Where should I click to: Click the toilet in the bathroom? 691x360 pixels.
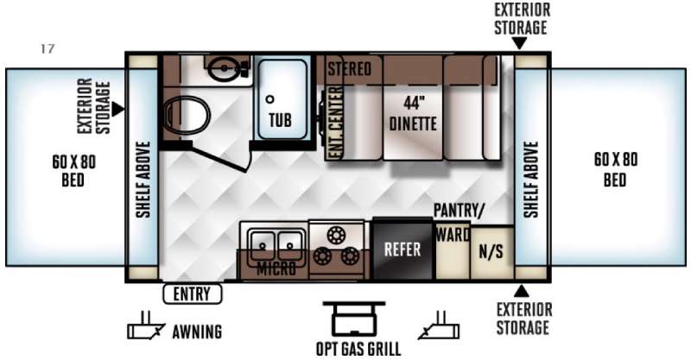point(186,115)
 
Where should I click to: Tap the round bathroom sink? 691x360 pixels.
point(224,68)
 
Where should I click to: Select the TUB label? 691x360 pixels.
point(280,119)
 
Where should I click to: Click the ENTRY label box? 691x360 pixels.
point(193,294)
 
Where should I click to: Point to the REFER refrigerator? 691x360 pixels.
point(403,249)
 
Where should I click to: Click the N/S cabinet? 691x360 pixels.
point(491,252)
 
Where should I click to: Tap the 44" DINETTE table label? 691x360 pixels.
point(413,114)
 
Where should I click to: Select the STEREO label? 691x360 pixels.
point(349,69)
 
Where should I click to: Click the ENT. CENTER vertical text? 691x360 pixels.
point(336,123)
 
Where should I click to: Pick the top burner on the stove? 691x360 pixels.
point(335,235)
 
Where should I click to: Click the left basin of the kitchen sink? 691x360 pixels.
point(263,244)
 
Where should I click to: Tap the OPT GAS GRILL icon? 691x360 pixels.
point(354,319)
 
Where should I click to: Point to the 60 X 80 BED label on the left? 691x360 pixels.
point(73,171)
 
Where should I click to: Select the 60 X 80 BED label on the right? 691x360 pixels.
point(615,169)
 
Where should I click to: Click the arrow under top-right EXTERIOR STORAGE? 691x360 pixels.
point(520,43)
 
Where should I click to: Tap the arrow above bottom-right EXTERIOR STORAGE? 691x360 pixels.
point(522,291)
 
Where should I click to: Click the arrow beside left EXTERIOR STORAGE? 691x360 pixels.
point(117,110)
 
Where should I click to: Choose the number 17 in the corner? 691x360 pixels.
point(48,48)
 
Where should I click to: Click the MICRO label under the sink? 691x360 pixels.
point(276,268)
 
